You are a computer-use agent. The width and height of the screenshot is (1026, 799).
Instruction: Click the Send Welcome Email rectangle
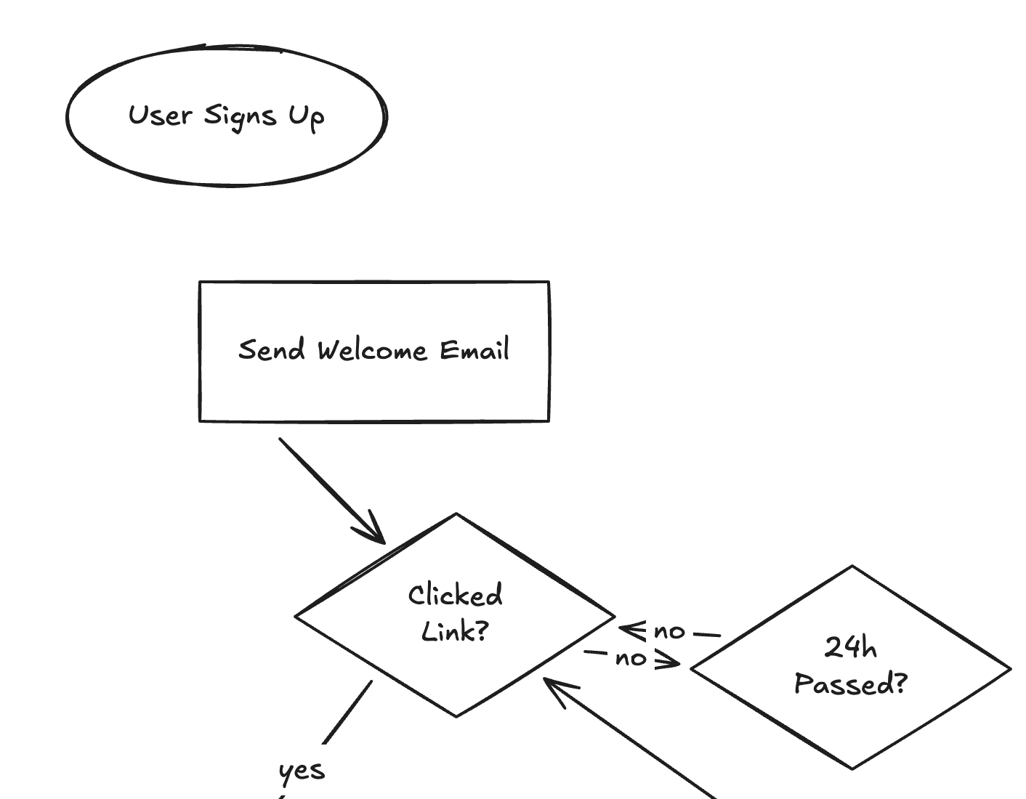click(x=373, y=392)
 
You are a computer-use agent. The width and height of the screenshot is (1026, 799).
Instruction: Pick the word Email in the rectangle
click(x=474, y=350)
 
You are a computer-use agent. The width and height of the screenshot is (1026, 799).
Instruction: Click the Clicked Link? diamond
click(x=455, y=668)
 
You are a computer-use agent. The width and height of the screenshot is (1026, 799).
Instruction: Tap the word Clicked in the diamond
click(x=455, y=596)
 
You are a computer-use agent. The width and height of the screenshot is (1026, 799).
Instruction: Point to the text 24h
click(x=851, y=647)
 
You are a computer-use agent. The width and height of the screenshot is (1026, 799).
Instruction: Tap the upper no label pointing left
click(x=669, y=632)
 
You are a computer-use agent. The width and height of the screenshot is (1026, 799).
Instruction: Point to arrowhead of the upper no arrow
click(x=629, y=629)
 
